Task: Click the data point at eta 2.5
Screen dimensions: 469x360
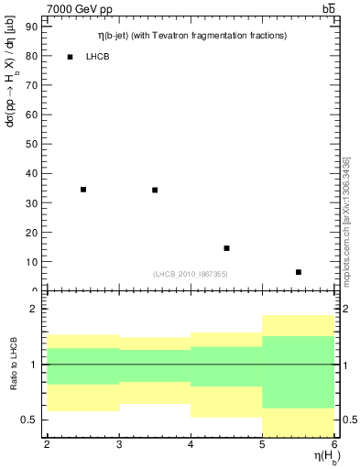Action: point(83,190)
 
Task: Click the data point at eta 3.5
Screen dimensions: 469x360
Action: point(155,190)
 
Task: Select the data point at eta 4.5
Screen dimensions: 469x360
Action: point(226,248)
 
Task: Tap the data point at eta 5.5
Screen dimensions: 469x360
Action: point(299,272)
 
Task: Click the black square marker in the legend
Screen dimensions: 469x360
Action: point(70,57)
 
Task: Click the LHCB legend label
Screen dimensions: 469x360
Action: point(98,57)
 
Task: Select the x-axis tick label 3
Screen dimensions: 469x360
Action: point(119,444)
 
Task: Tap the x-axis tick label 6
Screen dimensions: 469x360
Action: point(334,444)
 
